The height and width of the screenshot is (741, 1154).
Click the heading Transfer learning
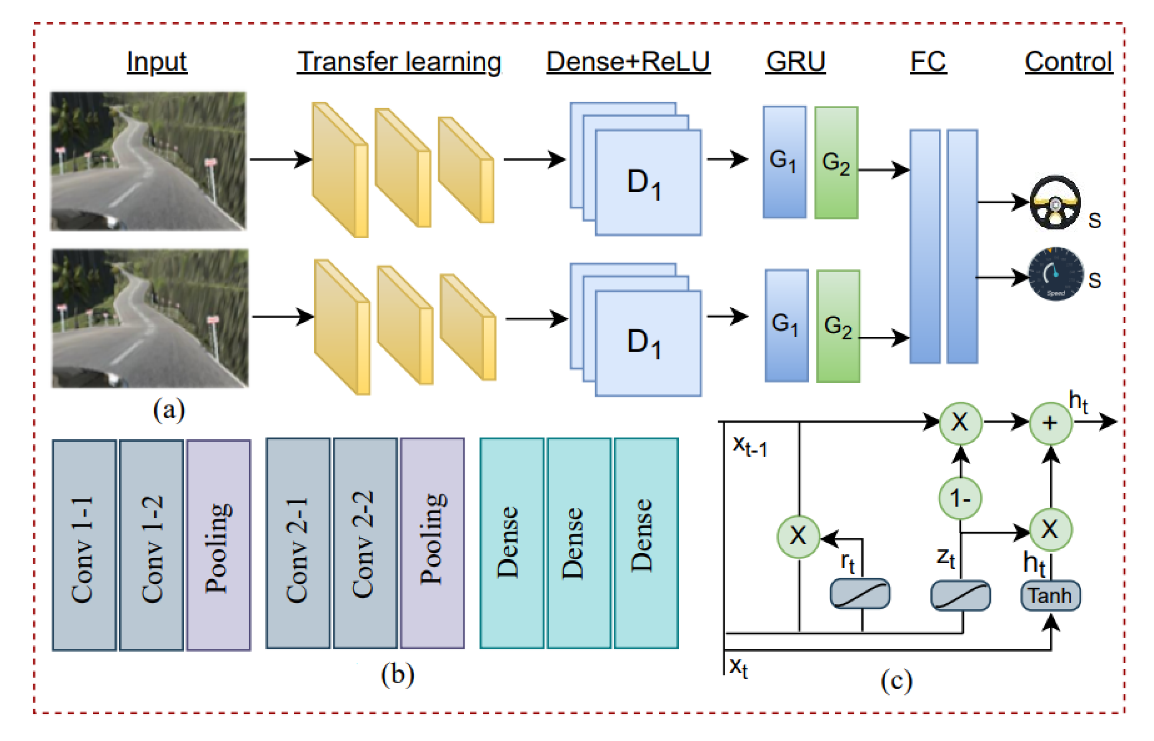point(398,62)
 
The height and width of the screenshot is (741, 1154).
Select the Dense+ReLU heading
point(628,62)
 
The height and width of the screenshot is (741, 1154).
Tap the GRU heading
point(795,62)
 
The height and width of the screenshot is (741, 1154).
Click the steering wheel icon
point(1055,202)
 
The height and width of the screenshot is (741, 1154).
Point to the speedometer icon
point(1055,274)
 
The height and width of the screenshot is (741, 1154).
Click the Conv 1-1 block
point(84,545)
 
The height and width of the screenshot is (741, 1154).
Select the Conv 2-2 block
point(365,543)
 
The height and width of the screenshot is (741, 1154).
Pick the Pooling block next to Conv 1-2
point(219,545)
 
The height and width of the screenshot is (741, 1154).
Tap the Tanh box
point(1050,596)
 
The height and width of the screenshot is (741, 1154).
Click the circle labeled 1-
point(960,499)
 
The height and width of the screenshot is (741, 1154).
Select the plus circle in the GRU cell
point(1050,423)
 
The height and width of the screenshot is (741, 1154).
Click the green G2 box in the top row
point(836,163)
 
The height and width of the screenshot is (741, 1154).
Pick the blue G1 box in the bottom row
point(786,326)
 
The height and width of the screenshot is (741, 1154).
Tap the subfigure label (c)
point(897,681)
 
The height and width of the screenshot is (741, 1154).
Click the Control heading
point(1068,62)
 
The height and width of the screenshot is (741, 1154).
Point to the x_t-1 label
point(749,446)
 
